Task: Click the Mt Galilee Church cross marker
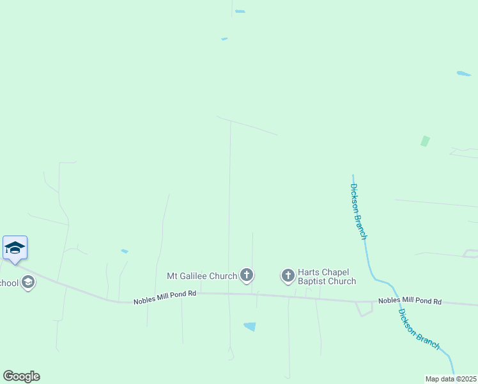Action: pos(247,276)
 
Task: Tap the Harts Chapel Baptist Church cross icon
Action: pos(288,276)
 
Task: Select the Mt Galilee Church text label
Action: pos(202,276)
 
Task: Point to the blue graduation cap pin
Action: pos(15,248)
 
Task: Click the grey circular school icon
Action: pos(27,282)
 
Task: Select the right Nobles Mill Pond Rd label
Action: pos(410,301)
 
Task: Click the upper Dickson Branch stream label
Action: pos(358,211)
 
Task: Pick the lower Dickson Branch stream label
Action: pos(419,329)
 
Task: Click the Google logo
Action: pos(21,376)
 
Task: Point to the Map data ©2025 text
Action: pos(451,379)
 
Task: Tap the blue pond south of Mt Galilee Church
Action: pos(250,326)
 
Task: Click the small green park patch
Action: pos(425,141)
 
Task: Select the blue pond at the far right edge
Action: pos(464,74)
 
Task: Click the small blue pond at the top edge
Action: pos(240,11)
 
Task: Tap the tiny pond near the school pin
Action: pos(125,251)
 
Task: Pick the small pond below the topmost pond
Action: pos(224,39)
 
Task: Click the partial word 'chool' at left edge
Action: pos(8,283)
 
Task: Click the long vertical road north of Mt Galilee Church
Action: pos(230,192)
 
